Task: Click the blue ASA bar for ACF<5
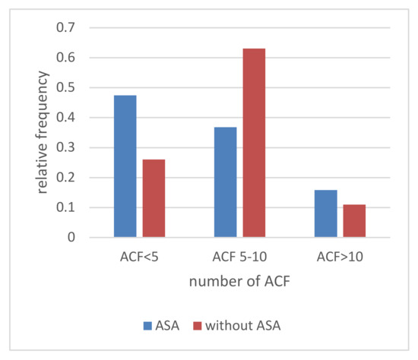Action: pyautogui.click(x=125, y=166)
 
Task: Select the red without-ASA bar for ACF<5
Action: pyautogui.click(x=154, y=198)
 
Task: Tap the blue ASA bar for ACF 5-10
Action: pyautogui.click(x=225, y=182)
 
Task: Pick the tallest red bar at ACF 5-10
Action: pyautogui.click(x=254, y=143)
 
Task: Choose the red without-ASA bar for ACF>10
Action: pyautogui.click(x=354, y=221)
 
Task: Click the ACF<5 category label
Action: pyautogui.click(x=139, y=257)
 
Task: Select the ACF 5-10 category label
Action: pyautogui.click(x=239, y=257)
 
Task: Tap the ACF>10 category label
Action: pyautogui.click(x=340, y=257)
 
